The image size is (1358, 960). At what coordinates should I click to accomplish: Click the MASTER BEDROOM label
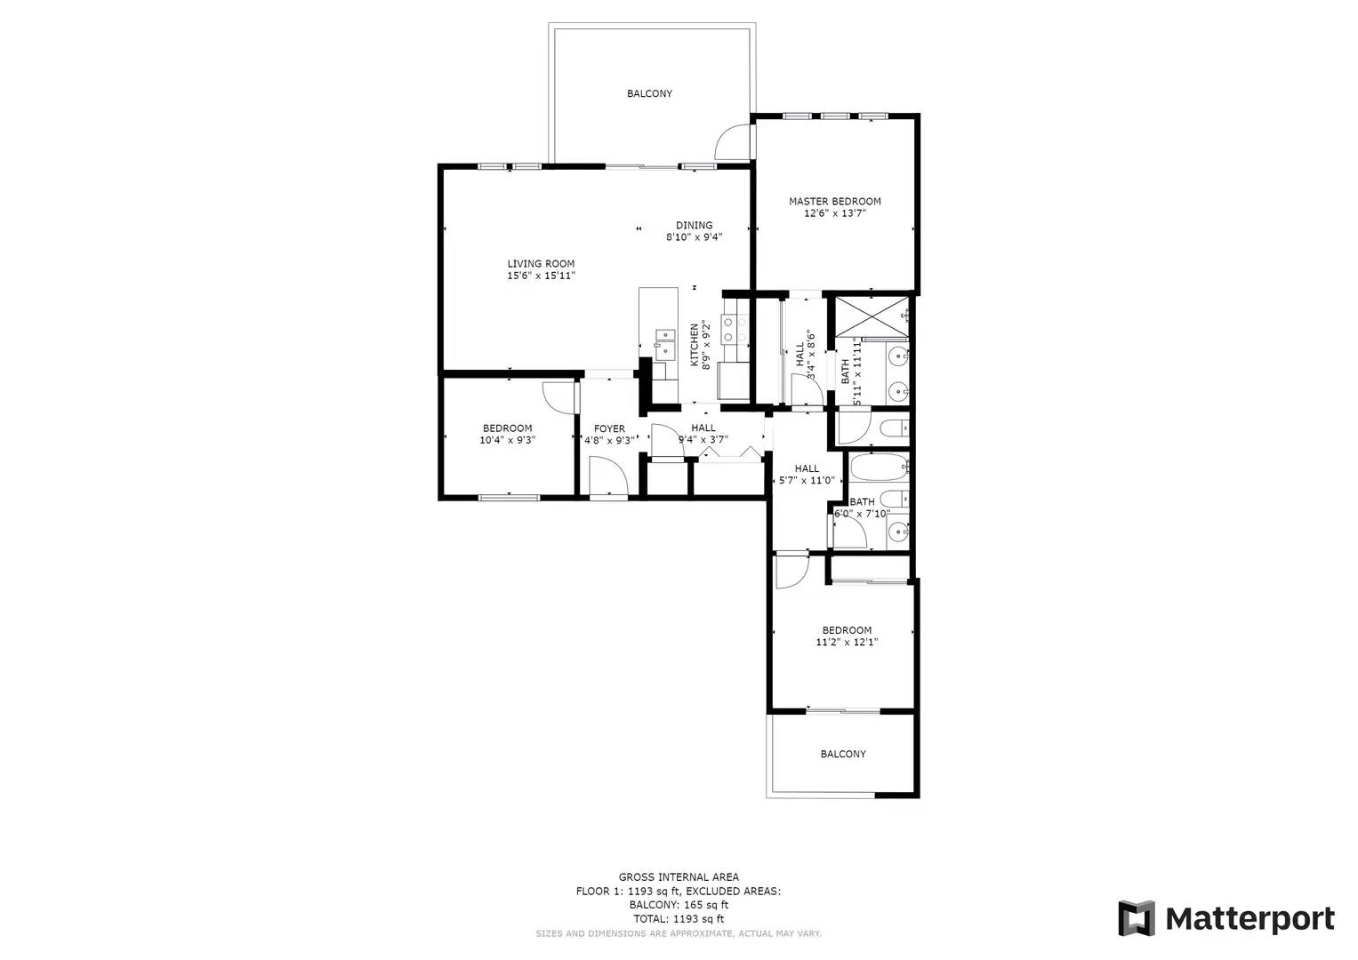point(834,202)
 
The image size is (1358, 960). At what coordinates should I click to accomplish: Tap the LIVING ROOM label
point(541,264)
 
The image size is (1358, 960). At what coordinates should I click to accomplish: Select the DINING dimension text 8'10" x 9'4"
point(694,237)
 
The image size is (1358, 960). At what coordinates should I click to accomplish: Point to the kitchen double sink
point(664,342)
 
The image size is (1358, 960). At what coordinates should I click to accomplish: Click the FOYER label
point(609,429)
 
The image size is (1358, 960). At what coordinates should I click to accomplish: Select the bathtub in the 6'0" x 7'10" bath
point(878,466)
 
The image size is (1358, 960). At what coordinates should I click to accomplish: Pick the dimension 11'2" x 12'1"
point(847,642)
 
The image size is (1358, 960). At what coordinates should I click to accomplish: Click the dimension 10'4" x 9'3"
point(507,440)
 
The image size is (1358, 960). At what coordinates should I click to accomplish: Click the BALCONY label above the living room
point(649,93)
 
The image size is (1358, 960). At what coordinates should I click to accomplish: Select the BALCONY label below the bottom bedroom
point(842,754)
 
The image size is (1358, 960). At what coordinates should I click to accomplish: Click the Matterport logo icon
point(1136,918)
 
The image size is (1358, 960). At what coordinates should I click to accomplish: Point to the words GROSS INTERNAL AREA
point(679,877)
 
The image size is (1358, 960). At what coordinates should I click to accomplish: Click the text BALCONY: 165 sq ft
point(679,905)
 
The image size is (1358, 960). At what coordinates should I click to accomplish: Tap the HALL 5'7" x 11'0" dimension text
point(807,481)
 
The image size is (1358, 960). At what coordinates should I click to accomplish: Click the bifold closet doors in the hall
point(729,453)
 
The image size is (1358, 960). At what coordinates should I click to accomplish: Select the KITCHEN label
point(695,345)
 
